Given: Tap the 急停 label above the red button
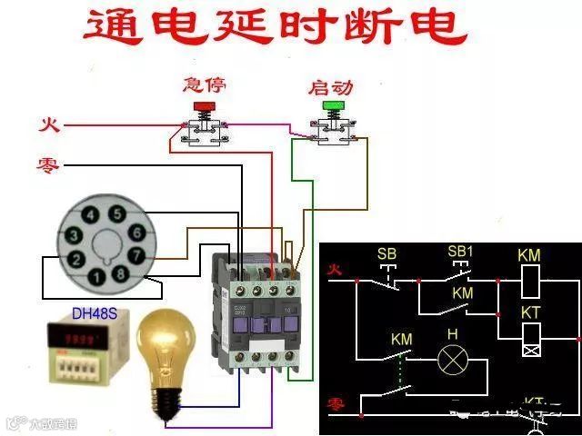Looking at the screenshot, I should [x=204, y=85].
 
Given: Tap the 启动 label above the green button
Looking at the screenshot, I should [x=330, y=87].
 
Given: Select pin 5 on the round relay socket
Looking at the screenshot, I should [x=116, y=213].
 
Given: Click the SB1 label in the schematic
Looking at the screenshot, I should [x=461, y=251].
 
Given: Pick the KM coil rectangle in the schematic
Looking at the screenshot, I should [x=529, y=282].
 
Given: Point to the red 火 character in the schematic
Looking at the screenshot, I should [x=335, y=270].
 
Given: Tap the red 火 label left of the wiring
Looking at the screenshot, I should [x=47, y=124].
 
